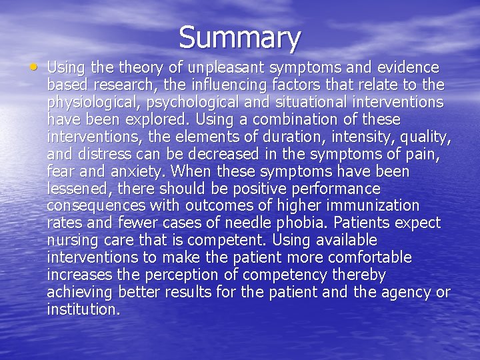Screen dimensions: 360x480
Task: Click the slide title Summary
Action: (240, 37)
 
